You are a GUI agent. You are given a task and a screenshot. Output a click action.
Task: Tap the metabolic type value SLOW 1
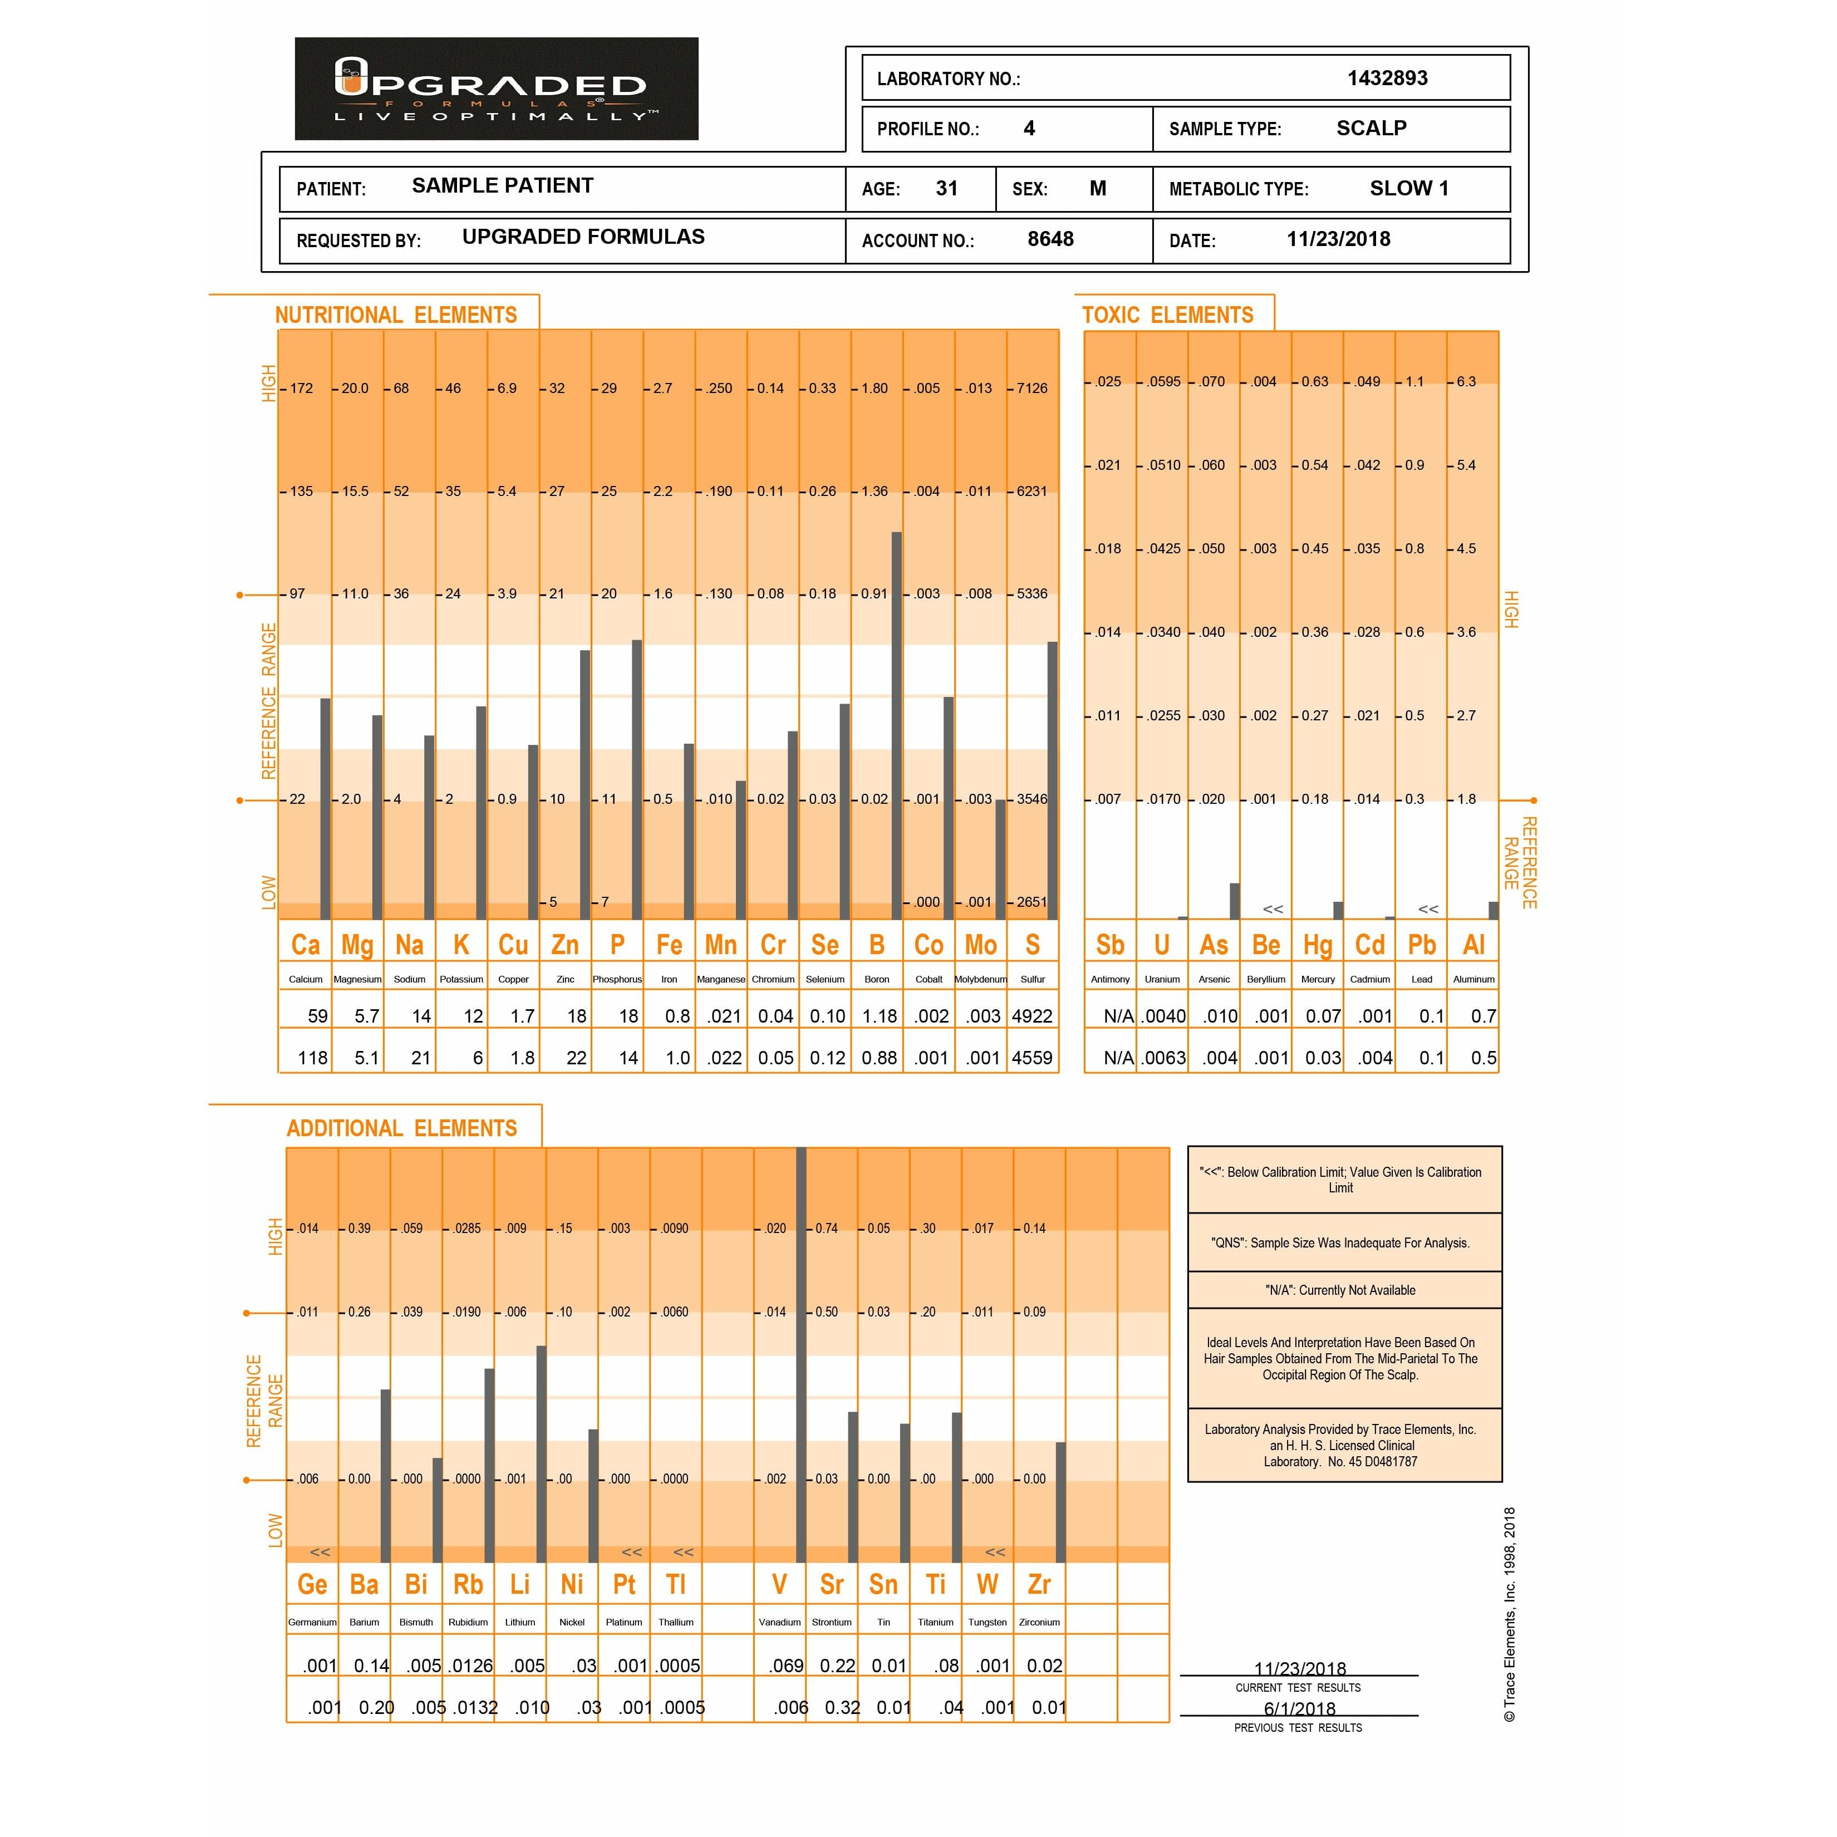pos(1408,188)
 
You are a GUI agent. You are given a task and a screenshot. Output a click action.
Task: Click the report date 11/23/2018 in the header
pos(1338,239)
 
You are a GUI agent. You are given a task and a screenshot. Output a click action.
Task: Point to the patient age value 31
pos(946,188)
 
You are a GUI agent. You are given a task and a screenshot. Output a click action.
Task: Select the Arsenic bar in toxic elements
pos(1234,901)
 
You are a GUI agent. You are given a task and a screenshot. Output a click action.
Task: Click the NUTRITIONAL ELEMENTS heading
pos(396,315)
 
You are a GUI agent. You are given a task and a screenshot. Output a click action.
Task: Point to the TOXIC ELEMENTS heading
pos(1168,315)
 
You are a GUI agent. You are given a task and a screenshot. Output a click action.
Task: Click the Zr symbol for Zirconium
pos(1038,1584)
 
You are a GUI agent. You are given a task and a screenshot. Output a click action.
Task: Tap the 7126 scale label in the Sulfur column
pos(1032,388)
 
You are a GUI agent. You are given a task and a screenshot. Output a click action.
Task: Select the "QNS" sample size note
pos(1340,1242)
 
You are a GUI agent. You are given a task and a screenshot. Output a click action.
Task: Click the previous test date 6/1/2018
pos(1299,1708)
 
